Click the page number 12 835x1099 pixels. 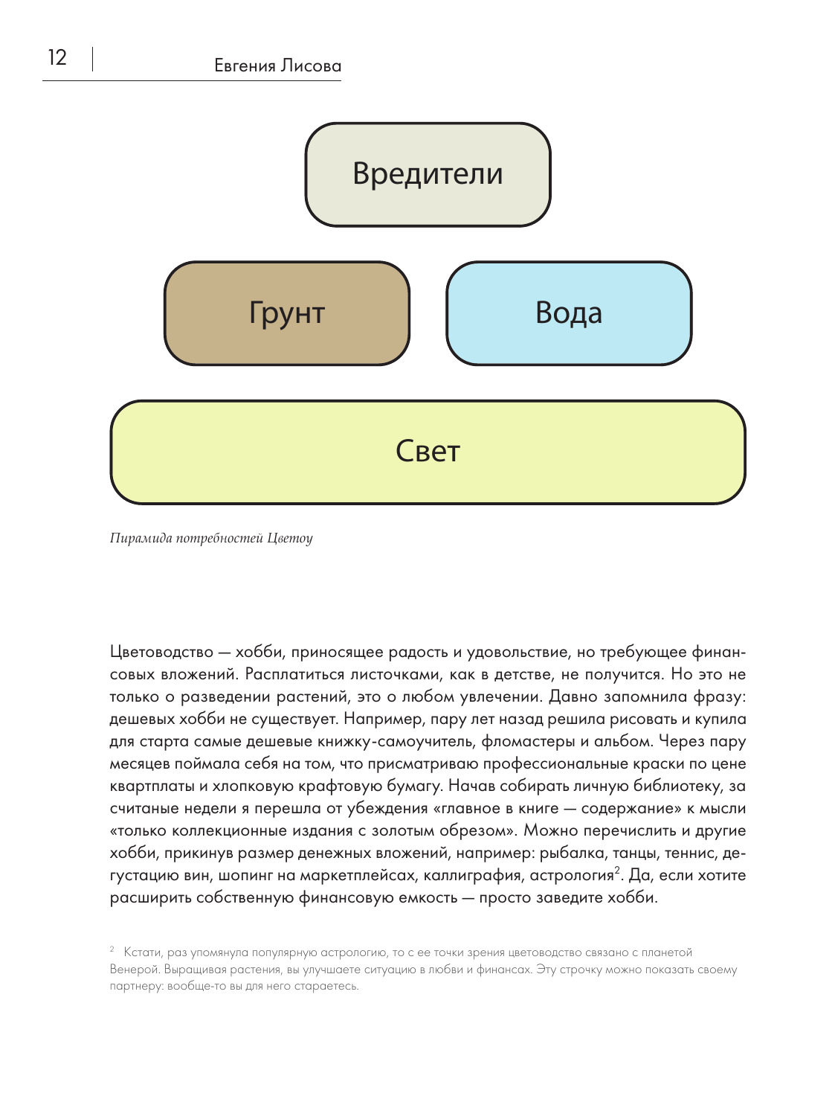pyautogui.click(x=57, y=58)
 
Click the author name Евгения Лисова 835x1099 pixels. pyautogui.click(x=277, y=66)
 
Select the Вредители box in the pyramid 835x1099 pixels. pyautogui.click(x=428, y=174)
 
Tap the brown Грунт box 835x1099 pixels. pyautogui.click(x=287, y=313)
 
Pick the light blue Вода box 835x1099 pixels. pyautogui.click(x=569, y=313)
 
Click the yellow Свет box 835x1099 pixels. pyautogui.click(x=428, y=452)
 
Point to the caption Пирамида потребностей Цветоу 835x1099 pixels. pyautogui.click(x=211, y=538)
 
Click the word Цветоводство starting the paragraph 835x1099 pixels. pyautogui.click(x=161, y=653)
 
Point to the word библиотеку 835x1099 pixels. pyautogui.click(x=670, y=786)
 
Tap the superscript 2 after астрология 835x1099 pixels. pyautogui.click(x=617, y=870)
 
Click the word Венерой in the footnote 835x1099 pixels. pyautogui.click(x=134, y=970)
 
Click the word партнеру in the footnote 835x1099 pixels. pyautogui.click(x=132, y=987)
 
